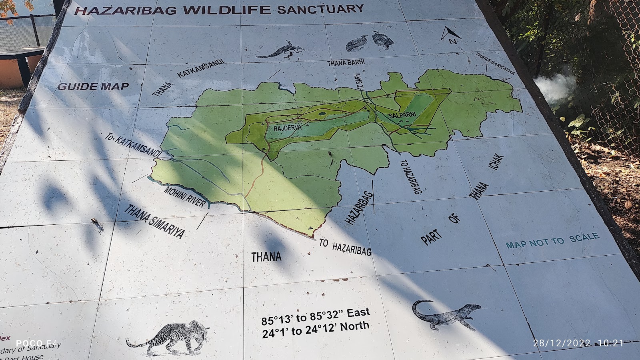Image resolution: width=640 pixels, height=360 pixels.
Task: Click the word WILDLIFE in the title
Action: pyautogui.click(x=224, y=10)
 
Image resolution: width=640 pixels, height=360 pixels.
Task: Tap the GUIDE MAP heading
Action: pyautogui.click(x=93, y=86)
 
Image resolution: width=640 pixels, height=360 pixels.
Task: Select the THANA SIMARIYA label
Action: pyautogui.click(x=154, y=221)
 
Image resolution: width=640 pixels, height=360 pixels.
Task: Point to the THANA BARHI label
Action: pyautogui.click(x=346, y=63)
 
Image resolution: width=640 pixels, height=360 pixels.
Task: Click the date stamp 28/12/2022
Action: pyautogui.click(x=562, y=343)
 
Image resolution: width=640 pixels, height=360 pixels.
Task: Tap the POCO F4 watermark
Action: pyautogui.click(x=37, y=343)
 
